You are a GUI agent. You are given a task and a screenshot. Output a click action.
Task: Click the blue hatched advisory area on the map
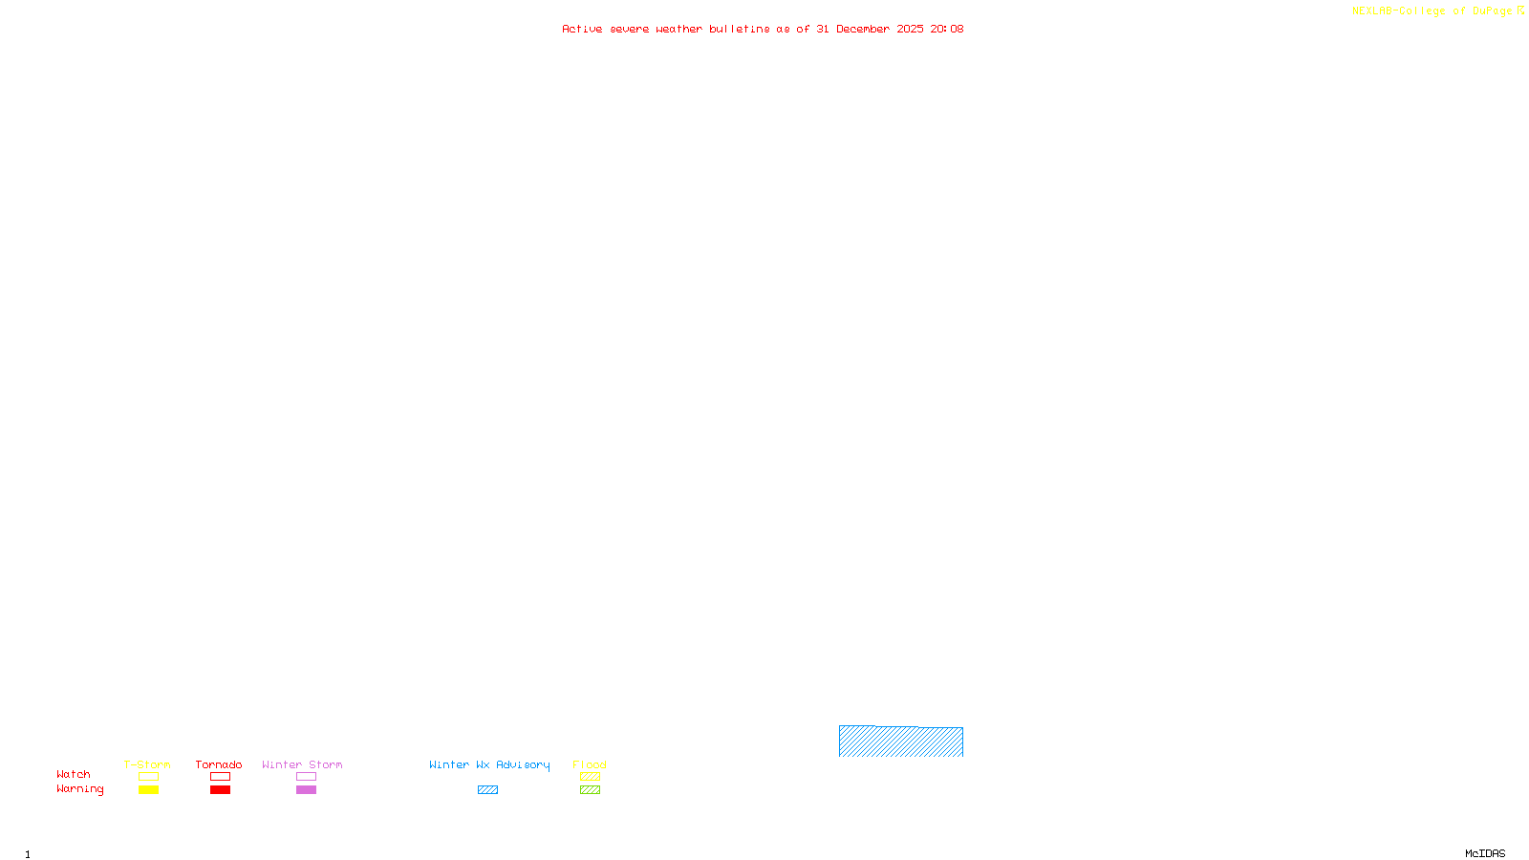click(900, 742)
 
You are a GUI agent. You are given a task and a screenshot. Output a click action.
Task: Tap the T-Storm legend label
click(147, 764)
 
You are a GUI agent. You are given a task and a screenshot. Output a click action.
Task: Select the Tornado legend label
click(219, 764)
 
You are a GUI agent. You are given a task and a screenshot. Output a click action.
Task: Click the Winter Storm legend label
click(302, 764)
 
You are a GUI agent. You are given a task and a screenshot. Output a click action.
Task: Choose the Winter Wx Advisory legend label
click(489, 764)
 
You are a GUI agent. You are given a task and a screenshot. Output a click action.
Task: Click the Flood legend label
click(590, 764)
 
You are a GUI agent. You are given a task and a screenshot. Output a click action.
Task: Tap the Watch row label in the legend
click(74, 774)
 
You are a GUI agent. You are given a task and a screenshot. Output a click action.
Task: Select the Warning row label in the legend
click(79, 789)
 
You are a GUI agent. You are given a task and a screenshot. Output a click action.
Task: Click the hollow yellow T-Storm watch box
click(148, 777)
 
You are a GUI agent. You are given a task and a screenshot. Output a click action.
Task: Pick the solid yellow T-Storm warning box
click(148, 790)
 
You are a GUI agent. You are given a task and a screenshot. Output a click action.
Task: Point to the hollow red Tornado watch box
click(220, 777)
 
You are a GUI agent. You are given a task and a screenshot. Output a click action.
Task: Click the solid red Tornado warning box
click(220, 790)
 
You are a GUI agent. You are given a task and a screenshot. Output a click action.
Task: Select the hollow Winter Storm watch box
click(306, 777)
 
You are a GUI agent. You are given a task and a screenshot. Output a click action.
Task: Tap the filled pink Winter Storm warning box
click(306, 790)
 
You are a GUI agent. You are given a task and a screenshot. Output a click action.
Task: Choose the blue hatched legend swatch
click(487, 790)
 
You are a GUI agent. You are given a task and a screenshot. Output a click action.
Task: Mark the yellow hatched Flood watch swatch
click(590, 777)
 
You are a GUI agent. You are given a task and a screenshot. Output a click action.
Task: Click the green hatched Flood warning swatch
click(590, 790)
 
